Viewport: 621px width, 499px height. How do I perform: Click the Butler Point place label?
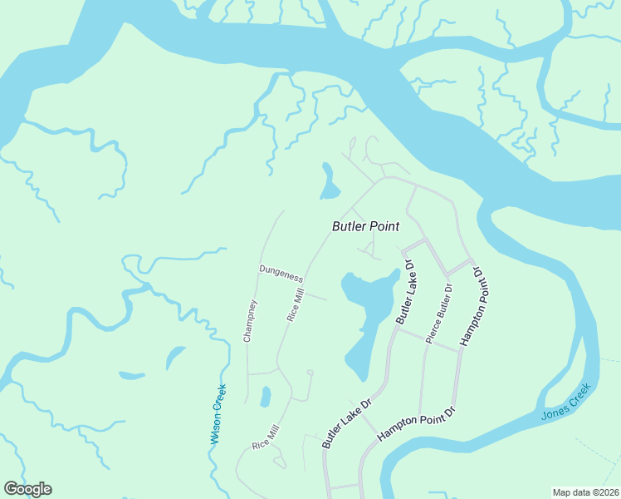coord(365,226)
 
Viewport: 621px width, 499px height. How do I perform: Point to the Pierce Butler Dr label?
coord(438,314)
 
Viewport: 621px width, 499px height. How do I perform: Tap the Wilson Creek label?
coord(220,413)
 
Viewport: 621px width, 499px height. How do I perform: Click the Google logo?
coord(27,489)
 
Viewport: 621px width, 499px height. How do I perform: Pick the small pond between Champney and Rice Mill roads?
coord(265,398)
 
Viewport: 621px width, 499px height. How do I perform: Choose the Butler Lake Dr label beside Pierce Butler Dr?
coord(405,292)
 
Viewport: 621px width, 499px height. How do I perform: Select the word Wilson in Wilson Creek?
coord(216,427)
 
